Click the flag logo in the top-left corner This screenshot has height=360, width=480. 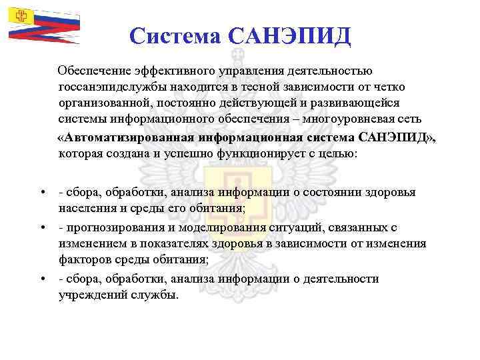pyautogui.click(x=44, y=24)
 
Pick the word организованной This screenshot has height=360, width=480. pyautogui.click(x=105, y=103)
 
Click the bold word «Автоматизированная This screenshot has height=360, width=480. pyautogui.click(x=126, y=137)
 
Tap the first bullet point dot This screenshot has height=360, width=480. pyautogui.click(x=43, y=193)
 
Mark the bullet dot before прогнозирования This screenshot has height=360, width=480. pyautogui.click(x=43, y=227)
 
